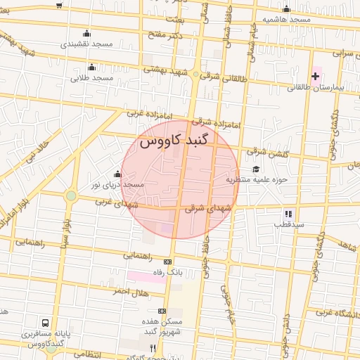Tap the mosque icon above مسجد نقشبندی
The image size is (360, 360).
pos(86,33)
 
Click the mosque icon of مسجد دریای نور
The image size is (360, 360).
pos(117,174)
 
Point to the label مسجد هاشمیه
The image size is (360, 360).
pos(287,20)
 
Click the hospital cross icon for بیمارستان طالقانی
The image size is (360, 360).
pos(315,76)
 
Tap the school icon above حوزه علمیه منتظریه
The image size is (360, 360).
pos(256,169)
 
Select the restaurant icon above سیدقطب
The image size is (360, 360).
pos(288,214)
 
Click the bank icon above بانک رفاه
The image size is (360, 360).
pos(167,262)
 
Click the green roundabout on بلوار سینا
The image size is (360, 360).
pos(71,195)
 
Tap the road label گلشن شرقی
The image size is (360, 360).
pos(266,151)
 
